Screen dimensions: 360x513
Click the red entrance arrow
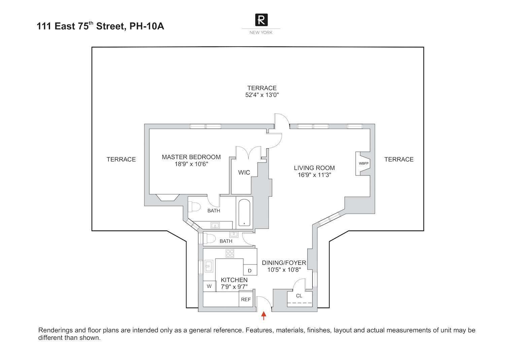point(264,315)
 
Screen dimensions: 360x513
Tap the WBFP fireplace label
point(364,164)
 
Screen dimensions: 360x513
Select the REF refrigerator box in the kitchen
point(246,299)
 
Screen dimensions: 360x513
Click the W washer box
point(209,286)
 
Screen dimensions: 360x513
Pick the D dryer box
point(249,271)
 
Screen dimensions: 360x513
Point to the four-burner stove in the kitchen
point(230,253)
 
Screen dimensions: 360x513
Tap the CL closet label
point(299,296)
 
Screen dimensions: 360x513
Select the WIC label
point(244,173)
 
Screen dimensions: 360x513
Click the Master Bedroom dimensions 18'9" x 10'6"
point(191,164)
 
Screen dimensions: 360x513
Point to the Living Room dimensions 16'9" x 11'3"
point(314,175)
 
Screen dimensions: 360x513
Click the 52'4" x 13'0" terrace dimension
point(262,95)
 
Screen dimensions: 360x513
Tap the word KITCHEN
point(234,280)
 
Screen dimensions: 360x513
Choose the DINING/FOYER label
point(284,263)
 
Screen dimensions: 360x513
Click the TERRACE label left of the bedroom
point(121,159)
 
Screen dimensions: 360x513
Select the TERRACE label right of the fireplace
point(399,159)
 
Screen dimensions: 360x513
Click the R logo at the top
point(261,20)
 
